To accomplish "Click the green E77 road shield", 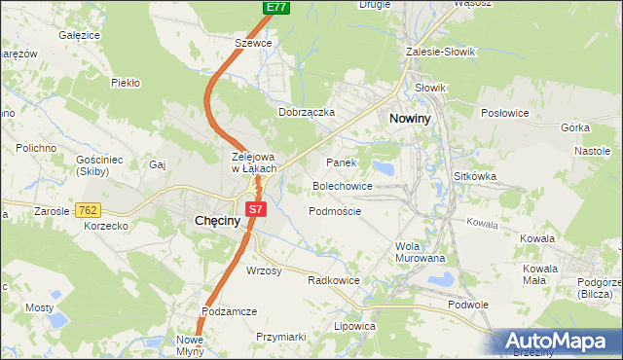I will (275, 7).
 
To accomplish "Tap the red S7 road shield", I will (255, 208).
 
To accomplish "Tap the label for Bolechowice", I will (343, 185).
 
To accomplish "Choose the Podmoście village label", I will (335, 210).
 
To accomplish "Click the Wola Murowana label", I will (421, 252).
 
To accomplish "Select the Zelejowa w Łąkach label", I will (255, 162).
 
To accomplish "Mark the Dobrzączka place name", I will (307, 112).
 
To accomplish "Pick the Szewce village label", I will (253, 43).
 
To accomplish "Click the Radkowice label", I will (334, 279).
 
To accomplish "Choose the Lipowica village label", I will (354, 327).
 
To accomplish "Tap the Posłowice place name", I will (504, 112).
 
